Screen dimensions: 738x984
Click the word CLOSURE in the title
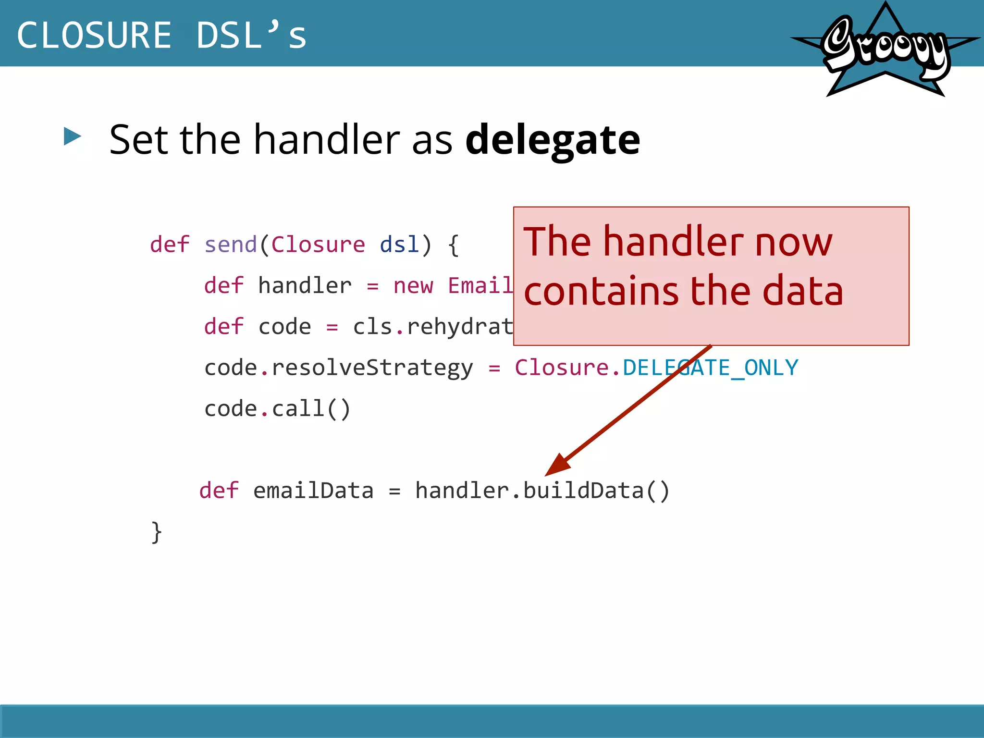(x=94, y=36)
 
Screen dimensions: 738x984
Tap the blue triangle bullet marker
(x=73, y=136)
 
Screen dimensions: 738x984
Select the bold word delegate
(x=553, y=140)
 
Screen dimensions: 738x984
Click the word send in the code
(x=231, y=245)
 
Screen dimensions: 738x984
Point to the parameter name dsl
(x=399, y=245)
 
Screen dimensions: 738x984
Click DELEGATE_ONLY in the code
(x=710, y=368)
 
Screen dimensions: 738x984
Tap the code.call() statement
(x=277, y=409)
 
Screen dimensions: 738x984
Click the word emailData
(x=313, y=491)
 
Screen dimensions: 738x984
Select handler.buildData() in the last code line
(x=542, y=491)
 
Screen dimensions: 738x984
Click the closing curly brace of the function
(x=157, y=532)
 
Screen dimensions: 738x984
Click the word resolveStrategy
(x=372, y=368)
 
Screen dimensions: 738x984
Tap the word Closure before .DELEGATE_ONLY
(x=562, y=368)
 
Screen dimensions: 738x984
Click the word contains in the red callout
(x=601, y=292)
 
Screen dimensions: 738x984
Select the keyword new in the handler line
(x=413, y=286)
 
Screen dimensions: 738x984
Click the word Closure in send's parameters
(x=318, y=245)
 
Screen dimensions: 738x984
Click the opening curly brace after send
(x=453, y=245)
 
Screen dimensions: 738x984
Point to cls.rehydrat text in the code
(x=433, y=327)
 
